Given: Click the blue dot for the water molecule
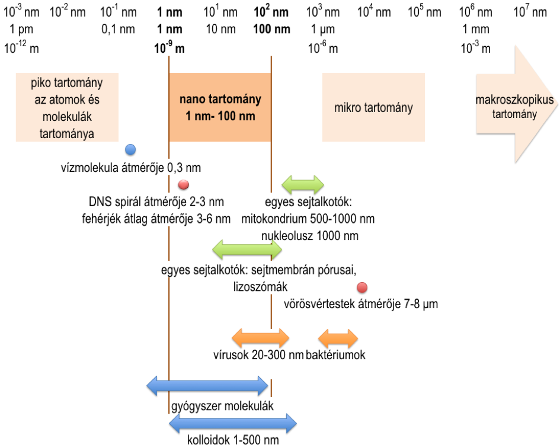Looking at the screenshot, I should tap(131, 149).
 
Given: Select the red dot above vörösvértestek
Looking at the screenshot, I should tap(362, 288).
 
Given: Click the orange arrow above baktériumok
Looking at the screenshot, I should tap(338, 338).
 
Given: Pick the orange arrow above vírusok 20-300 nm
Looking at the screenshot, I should tap(261, 338).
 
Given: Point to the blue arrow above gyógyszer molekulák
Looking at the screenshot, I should tap(207, 386).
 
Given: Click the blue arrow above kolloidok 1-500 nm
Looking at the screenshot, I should tap(232, 423).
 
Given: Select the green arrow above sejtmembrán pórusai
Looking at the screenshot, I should tap(247, 249).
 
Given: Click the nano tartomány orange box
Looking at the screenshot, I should tap(220, 107).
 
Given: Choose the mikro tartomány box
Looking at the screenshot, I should tap(373, 108).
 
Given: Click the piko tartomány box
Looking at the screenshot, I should tap(67, 107).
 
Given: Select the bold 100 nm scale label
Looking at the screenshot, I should tap(272, 30).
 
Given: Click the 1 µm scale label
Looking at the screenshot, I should tap(323, 30).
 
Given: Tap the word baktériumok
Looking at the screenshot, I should tap(335, 356).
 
